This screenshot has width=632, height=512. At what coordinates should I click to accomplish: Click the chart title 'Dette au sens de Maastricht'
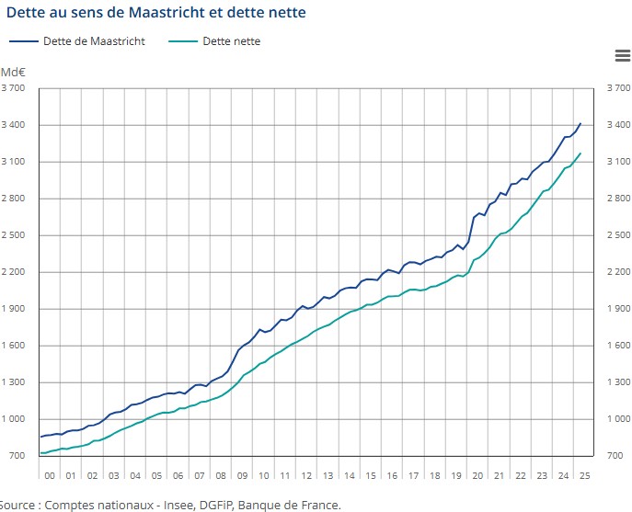click(156, 12)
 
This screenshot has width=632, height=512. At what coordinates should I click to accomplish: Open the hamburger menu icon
click(622, 56)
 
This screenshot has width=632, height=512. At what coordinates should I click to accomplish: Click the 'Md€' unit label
click(13, 72)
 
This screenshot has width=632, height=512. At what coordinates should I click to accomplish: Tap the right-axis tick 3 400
click(618, 125)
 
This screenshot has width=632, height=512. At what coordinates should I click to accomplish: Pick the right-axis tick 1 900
click(618, 309)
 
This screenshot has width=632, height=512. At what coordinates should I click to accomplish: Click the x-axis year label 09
click(242, 475)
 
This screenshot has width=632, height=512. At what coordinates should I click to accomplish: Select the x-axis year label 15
click(371, 475)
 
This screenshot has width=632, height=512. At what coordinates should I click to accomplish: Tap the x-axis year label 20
click(478, 475)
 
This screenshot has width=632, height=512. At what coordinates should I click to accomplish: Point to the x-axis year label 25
click(583, 475)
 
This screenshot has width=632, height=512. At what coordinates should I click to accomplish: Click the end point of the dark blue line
click(580, 123)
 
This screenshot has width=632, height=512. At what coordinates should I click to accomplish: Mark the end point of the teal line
click(580, 154)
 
